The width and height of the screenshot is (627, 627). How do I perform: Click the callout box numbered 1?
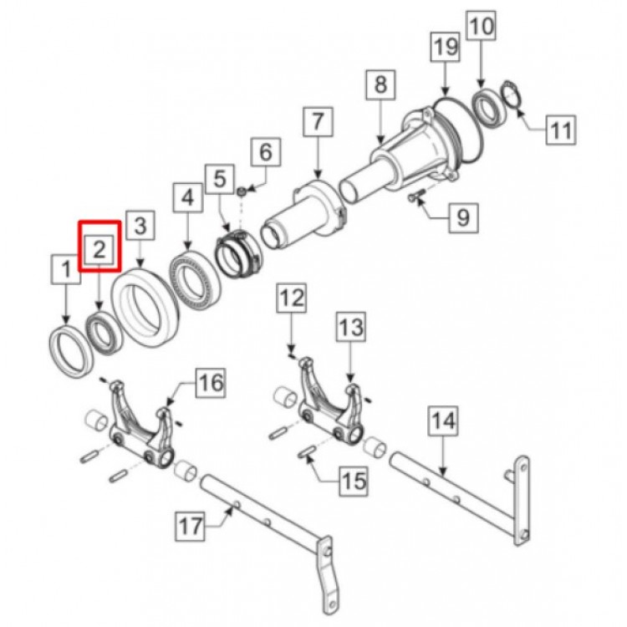66,270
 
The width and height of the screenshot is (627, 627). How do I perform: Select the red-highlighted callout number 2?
99,246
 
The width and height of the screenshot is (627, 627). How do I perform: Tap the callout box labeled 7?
318,122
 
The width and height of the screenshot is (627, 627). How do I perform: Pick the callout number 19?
446,47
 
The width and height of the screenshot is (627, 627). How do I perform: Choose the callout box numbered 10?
481,26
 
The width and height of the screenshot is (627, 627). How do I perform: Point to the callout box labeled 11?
561,130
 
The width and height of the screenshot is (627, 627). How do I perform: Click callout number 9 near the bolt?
463,218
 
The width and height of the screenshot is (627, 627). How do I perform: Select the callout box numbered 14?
443,421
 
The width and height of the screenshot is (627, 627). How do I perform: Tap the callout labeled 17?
191,526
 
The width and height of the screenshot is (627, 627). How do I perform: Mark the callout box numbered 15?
354,481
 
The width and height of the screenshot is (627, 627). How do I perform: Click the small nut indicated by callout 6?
242,192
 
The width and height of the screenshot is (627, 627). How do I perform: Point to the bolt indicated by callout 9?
415,196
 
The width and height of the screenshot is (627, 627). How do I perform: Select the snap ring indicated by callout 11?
511,94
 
